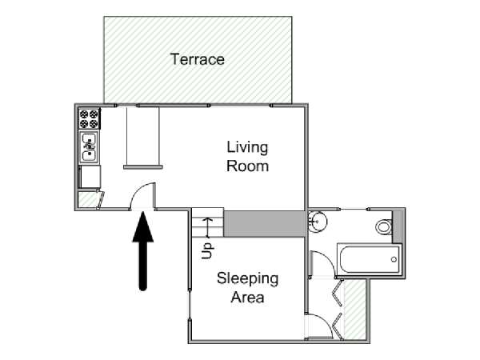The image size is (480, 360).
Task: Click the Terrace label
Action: point(198,59)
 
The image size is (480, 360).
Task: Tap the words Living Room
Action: point(247,157)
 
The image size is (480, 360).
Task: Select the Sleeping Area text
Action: point(248,288)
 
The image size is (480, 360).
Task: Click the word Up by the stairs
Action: point(207,251)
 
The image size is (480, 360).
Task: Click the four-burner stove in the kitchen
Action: point(89,118)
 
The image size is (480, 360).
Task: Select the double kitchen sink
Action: point(89,147)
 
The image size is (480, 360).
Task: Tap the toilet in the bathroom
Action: point(384,227)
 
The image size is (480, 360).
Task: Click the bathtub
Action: point(369,259)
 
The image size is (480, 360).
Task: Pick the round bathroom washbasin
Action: point(318,221)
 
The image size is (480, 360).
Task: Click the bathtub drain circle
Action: point(394,259)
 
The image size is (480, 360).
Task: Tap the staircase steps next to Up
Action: point(208,222)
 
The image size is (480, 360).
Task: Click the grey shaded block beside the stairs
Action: point(265,224)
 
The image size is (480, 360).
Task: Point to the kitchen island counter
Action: point(143,138)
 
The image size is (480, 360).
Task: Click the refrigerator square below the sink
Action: point(90,177)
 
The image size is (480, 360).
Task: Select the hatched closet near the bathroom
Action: point(355,309)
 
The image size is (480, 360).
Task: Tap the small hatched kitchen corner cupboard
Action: point(87,199)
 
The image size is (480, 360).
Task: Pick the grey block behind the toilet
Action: point(397,226)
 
